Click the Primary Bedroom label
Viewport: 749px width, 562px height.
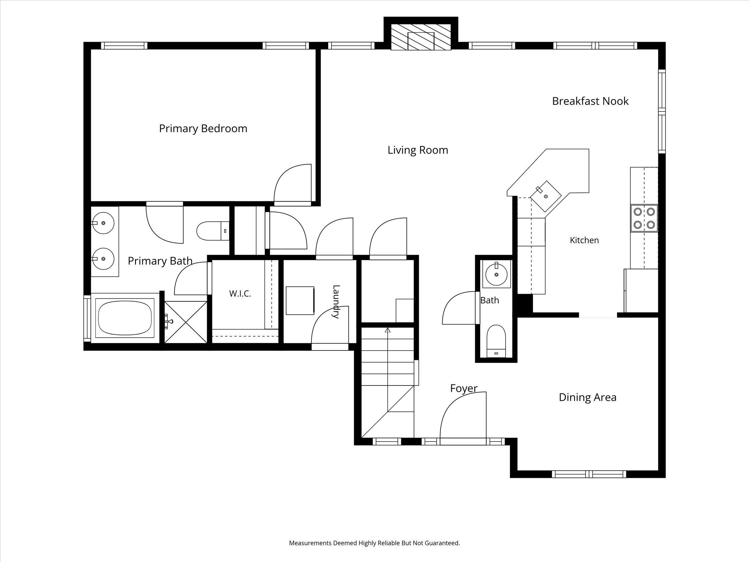(203, 129)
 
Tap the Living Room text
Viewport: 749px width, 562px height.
(418, 150)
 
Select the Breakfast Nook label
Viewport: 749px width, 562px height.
(590, 101)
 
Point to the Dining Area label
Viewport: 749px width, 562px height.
(588, 397)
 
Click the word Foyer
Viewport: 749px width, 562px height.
(464, 388)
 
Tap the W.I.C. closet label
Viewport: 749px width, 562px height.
(240, 294)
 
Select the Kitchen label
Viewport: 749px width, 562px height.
(585, 240)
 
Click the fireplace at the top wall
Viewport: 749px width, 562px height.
(421, 37)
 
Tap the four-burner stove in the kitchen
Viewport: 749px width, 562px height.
(644, 218)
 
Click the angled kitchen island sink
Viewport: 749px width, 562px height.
(545, 196)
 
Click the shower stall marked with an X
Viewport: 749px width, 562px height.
(185, 322)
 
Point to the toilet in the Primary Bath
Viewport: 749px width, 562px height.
(213, 231)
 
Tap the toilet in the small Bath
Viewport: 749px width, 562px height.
(496, 341)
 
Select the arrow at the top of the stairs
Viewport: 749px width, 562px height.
(388, 330)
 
